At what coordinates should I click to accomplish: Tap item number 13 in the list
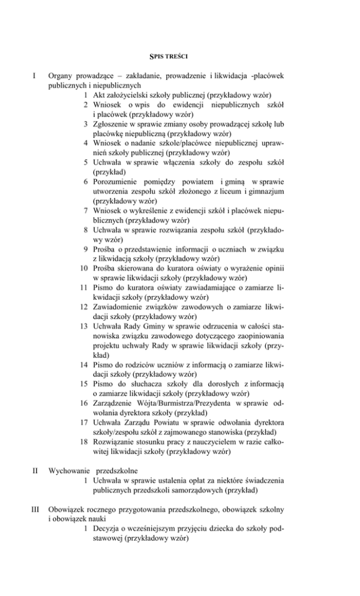click(86, 327)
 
